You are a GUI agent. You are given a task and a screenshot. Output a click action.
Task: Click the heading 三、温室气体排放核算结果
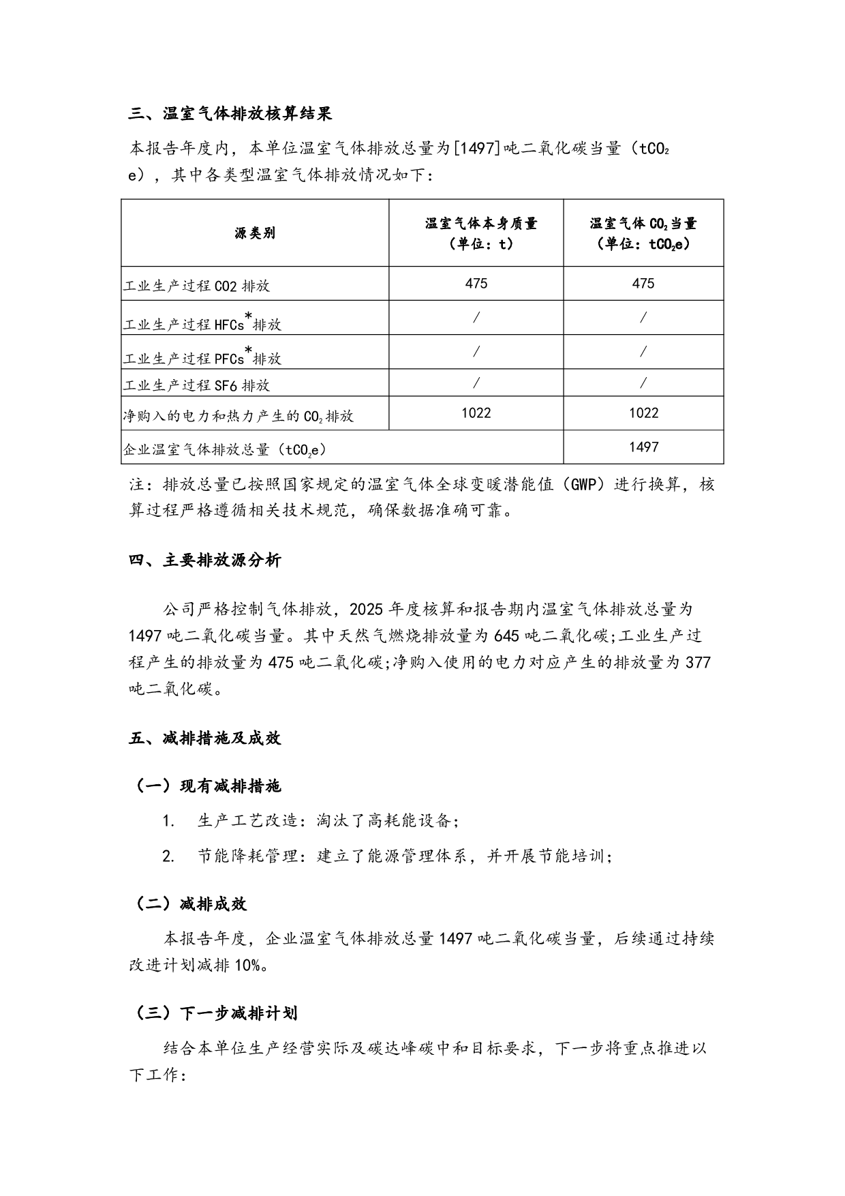230,114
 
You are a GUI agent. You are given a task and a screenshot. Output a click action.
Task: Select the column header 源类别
255,233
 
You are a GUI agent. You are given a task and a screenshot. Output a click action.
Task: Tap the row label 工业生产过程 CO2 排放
196,286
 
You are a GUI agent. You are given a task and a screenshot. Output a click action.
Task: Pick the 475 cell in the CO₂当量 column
643,284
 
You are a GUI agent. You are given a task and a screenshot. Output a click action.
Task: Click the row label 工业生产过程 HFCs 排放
202,324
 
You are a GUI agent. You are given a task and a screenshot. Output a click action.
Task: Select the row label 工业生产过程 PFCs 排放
202,358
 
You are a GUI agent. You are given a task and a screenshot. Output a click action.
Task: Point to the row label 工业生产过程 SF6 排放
196,385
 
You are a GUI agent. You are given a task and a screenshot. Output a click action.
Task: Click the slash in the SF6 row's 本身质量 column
476,383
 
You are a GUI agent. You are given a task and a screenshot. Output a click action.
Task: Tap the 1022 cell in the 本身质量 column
476,413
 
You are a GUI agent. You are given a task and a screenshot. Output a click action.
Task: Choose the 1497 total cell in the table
643,447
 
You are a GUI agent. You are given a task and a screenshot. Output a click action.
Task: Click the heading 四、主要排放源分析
204,560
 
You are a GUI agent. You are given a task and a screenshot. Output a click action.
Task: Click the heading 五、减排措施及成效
204,738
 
